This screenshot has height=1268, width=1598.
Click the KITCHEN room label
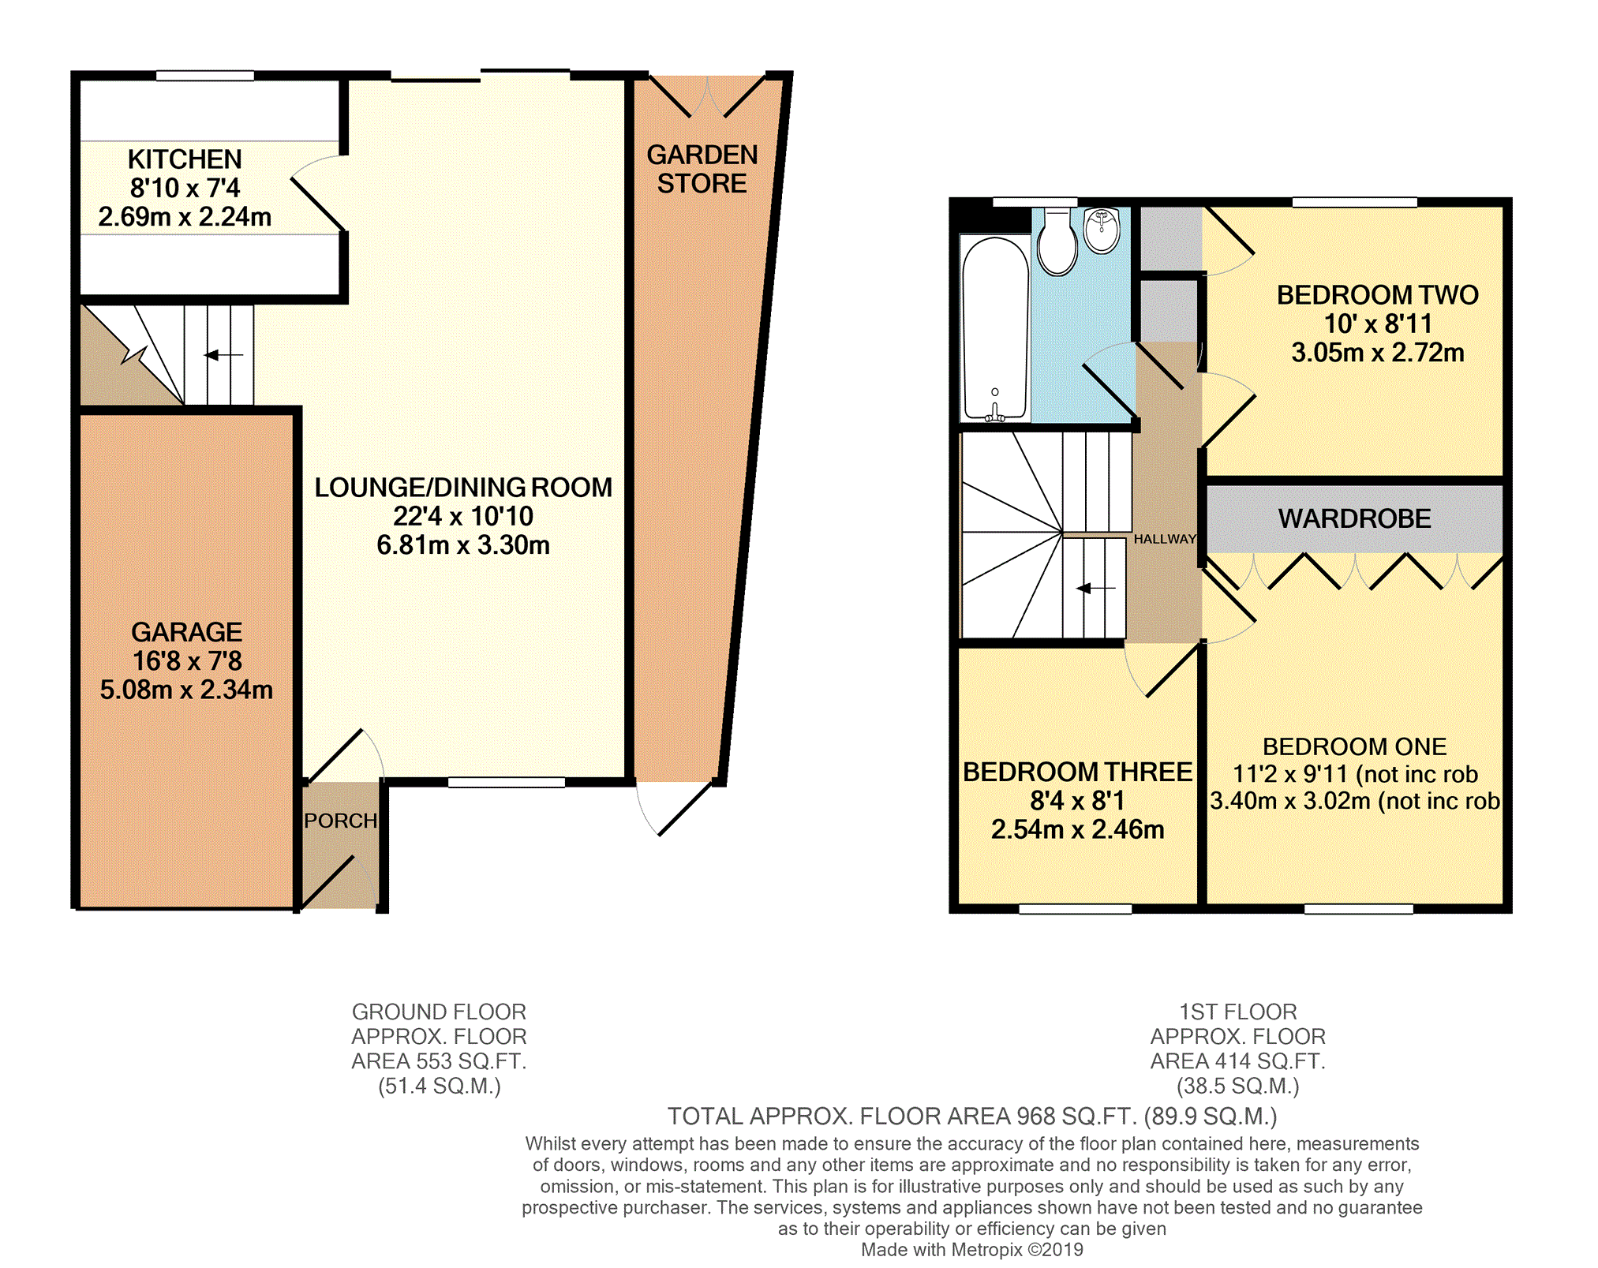click(x=185, y=159)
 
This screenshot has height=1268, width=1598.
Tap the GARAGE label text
click(x=187, y=632)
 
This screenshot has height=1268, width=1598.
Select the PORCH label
click(x=341, y=821)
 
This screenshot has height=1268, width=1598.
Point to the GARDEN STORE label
click(x=702, y=169)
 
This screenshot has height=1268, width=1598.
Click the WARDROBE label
click(x=1355, y=518)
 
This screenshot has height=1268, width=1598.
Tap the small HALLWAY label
click(x=1165, y=539)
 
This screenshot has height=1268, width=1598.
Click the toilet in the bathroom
click(x=1057, y=241)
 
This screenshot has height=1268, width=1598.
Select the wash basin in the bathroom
click(x=1102, y=230)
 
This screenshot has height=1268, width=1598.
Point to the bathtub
click(x=995, y=327)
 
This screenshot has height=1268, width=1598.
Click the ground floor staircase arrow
click(x=224, y=355)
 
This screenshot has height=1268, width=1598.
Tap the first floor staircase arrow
click(x=1096, y=588)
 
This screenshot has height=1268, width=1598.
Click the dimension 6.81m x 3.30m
click(x=463, y=545)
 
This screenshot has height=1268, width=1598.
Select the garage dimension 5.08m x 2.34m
click(x=186, y=690)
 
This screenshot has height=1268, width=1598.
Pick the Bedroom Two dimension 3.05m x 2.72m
click(x=1378, y=353)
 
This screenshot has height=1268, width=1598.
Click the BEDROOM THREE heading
click(x=1078, y=772)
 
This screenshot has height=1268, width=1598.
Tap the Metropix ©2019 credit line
click(x=972, y=1250)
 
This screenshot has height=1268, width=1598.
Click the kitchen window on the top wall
click(x=205, y=76)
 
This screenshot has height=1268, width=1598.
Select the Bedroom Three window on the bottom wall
click(x=1076, y=909)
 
